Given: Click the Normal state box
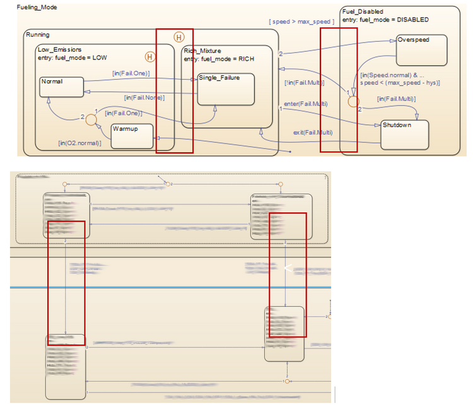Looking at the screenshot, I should point(61,87).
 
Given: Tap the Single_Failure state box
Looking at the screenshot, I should point(225,88).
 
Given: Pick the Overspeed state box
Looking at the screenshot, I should point(421,50).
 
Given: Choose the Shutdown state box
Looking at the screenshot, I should point(404,133).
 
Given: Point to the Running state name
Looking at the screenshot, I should point(38,35).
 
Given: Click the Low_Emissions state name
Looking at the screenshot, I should point(60,49).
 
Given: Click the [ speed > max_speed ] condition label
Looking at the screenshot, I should point(301,22).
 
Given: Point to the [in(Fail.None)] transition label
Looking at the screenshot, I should point(144,97).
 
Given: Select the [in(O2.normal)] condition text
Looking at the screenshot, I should point(79,143).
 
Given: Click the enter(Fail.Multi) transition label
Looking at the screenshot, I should point(306,103).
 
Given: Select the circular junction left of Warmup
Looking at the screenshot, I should point(91,118).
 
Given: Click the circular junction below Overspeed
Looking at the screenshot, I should point(354,100).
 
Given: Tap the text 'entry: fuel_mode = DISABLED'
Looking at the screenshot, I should point(385,20).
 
